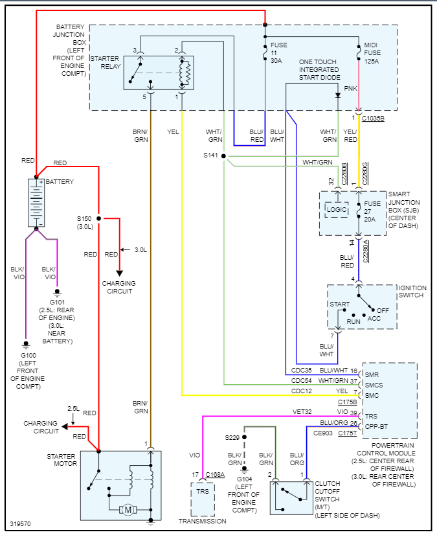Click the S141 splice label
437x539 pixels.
[x=210, y=156]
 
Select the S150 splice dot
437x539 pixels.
[x=99, y=218]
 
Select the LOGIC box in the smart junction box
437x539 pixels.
[x=336, y=210]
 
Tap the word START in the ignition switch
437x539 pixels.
[x=340, y=304]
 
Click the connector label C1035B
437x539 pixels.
[x=373, y=119]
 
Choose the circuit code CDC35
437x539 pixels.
[x=302, y=371]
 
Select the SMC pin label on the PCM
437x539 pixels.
[x=372, y=394]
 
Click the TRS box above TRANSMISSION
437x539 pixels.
[x=203, y=492]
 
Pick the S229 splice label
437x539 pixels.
[x=232, y=438]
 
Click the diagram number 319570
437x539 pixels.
[x=20, y=524]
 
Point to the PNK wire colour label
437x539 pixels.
[x=350, y=88]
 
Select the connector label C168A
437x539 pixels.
[x=215, y=475]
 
